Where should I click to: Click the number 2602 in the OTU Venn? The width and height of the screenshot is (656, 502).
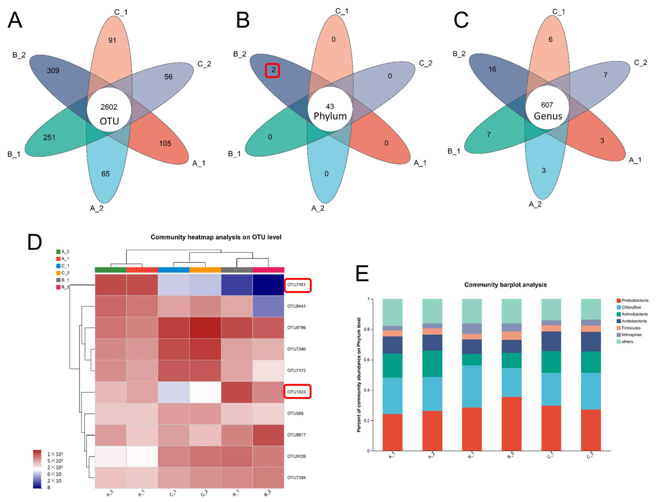[109, 107]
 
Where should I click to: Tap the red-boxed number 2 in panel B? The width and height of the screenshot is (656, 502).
[273, 70]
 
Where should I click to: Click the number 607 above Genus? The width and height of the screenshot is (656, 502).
[547, 105]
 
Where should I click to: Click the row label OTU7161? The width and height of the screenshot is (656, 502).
[297, 285]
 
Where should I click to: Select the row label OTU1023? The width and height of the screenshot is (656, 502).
[297, 392]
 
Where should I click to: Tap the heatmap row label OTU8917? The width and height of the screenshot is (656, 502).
[297, 435]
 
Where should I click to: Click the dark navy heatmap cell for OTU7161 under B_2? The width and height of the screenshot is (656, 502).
[268, 285]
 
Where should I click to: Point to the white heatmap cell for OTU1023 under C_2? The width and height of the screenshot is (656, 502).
[205, 392]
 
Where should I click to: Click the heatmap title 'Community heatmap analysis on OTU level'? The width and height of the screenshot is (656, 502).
[216, 237]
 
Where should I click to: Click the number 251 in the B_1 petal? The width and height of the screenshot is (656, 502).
[49, 138]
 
